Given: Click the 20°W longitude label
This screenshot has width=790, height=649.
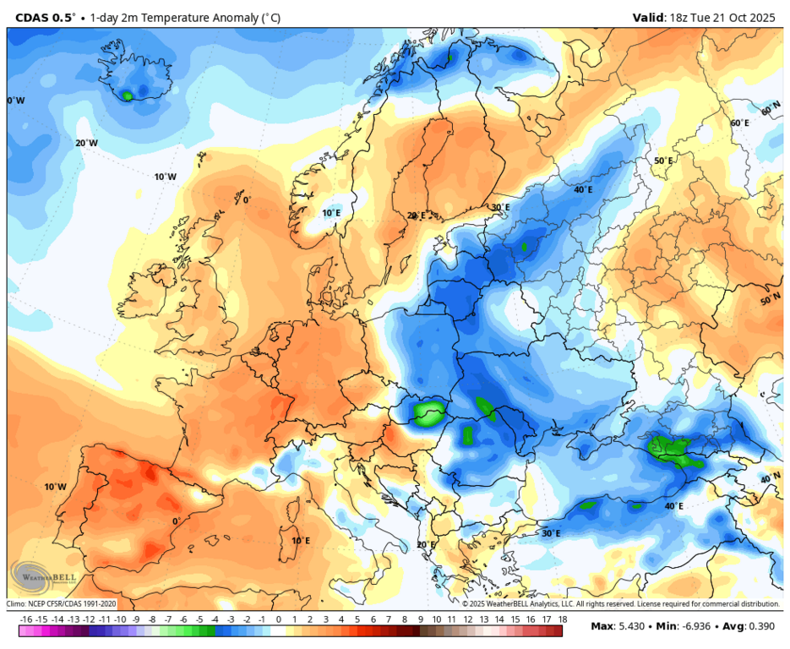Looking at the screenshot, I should click(x=86, y=143).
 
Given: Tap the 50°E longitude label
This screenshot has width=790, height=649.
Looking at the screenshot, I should click(x=663, y=161).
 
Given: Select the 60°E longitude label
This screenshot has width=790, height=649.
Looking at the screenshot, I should click(x=739, y=123).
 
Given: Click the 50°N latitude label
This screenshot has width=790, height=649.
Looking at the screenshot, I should click(x=770, y=300).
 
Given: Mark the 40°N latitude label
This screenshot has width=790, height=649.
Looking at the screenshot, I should click(x=770, y=478).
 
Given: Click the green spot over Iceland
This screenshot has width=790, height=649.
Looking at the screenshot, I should click(x=128, y=95).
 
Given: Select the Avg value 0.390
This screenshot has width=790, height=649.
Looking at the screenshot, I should click(x=760, y=626).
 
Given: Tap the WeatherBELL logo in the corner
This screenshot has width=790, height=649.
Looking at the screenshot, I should click(x=38, y=577).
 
